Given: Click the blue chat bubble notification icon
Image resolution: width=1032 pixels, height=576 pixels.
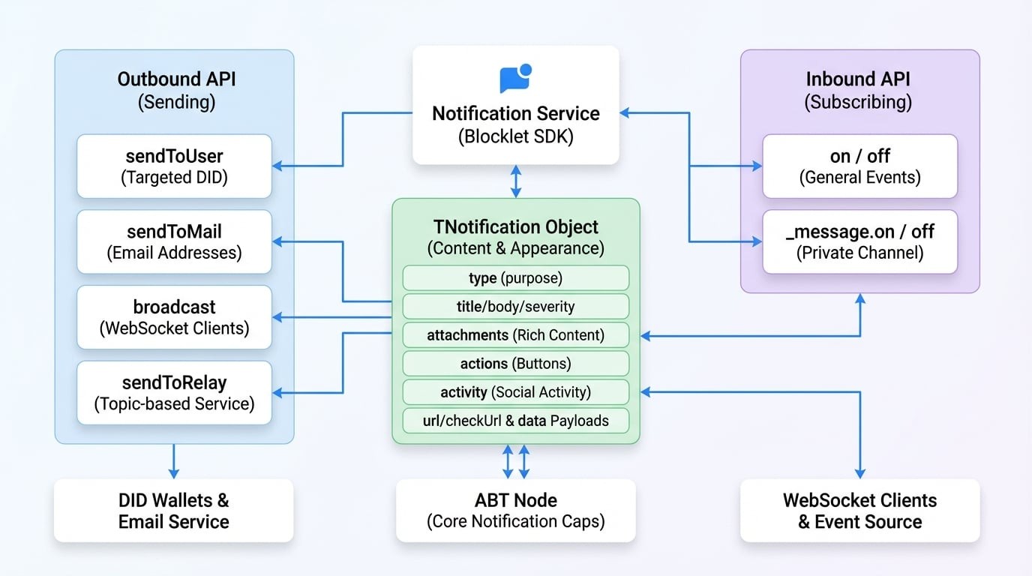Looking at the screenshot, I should tap(515, 78).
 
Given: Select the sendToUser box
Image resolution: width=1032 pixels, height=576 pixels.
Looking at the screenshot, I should tap(174, 166).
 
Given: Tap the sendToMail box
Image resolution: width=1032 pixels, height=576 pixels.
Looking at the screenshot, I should tap(174, 241).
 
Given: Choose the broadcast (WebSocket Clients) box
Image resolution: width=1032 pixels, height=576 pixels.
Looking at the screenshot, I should tap(174, 316).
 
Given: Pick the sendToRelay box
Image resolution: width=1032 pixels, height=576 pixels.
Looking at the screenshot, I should tap(174, 392).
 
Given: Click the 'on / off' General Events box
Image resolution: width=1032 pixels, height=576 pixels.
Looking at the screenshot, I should tap(859, 166).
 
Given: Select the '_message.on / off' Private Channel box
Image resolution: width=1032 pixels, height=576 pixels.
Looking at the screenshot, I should tap(859, 241).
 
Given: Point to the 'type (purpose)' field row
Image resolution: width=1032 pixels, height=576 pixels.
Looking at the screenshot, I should tap(515, 278).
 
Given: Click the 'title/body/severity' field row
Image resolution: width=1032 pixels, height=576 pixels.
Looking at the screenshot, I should tap(515, 307).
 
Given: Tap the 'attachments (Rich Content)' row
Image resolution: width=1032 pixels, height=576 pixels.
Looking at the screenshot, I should tap(515, 335).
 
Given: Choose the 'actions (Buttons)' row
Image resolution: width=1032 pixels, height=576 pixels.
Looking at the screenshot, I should tap(515, 364).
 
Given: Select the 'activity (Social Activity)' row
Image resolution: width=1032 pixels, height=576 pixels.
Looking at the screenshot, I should tap(515, 392).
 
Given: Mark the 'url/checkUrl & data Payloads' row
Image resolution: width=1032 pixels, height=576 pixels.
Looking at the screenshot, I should tap(515, 421).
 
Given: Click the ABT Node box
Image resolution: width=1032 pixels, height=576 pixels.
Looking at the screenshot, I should tap(515, 511).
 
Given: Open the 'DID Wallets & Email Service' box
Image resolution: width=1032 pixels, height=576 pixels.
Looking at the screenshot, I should tap(173, 511).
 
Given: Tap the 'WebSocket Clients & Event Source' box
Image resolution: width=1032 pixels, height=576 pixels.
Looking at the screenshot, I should tap(859, 511).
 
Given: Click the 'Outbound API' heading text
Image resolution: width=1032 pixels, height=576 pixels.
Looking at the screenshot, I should tap(176, 79).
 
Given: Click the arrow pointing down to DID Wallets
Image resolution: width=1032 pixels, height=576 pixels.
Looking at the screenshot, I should tap(173, 461).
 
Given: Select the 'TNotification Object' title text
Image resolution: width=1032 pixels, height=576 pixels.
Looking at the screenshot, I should tap(515, 226).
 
